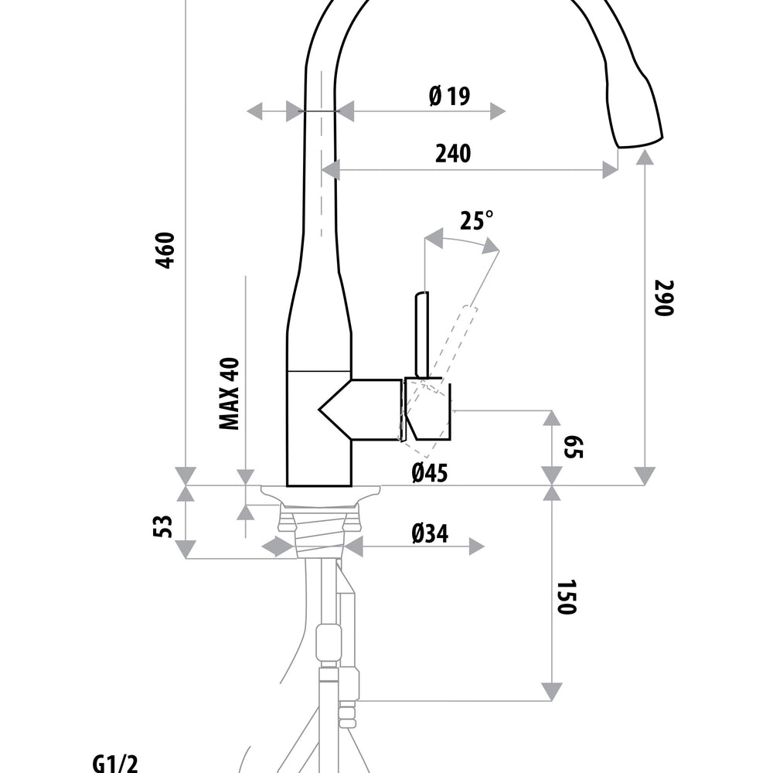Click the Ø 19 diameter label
pos(449,97)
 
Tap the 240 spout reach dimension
pos(452,154)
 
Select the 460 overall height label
pos(165,250)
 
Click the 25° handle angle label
pos(475,221)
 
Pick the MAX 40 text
pos(229,393)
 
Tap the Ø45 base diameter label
pos(430,472)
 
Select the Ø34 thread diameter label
pos(430,533)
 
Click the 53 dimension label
pos(161,526)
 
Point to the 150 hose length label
pos(567,597)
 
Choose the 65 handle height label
pos(573,447)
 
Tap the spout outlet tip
pos(638,141)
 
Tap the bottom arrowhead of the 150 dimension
pos(551,690)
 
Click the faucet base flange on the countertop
pos(320,492)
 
